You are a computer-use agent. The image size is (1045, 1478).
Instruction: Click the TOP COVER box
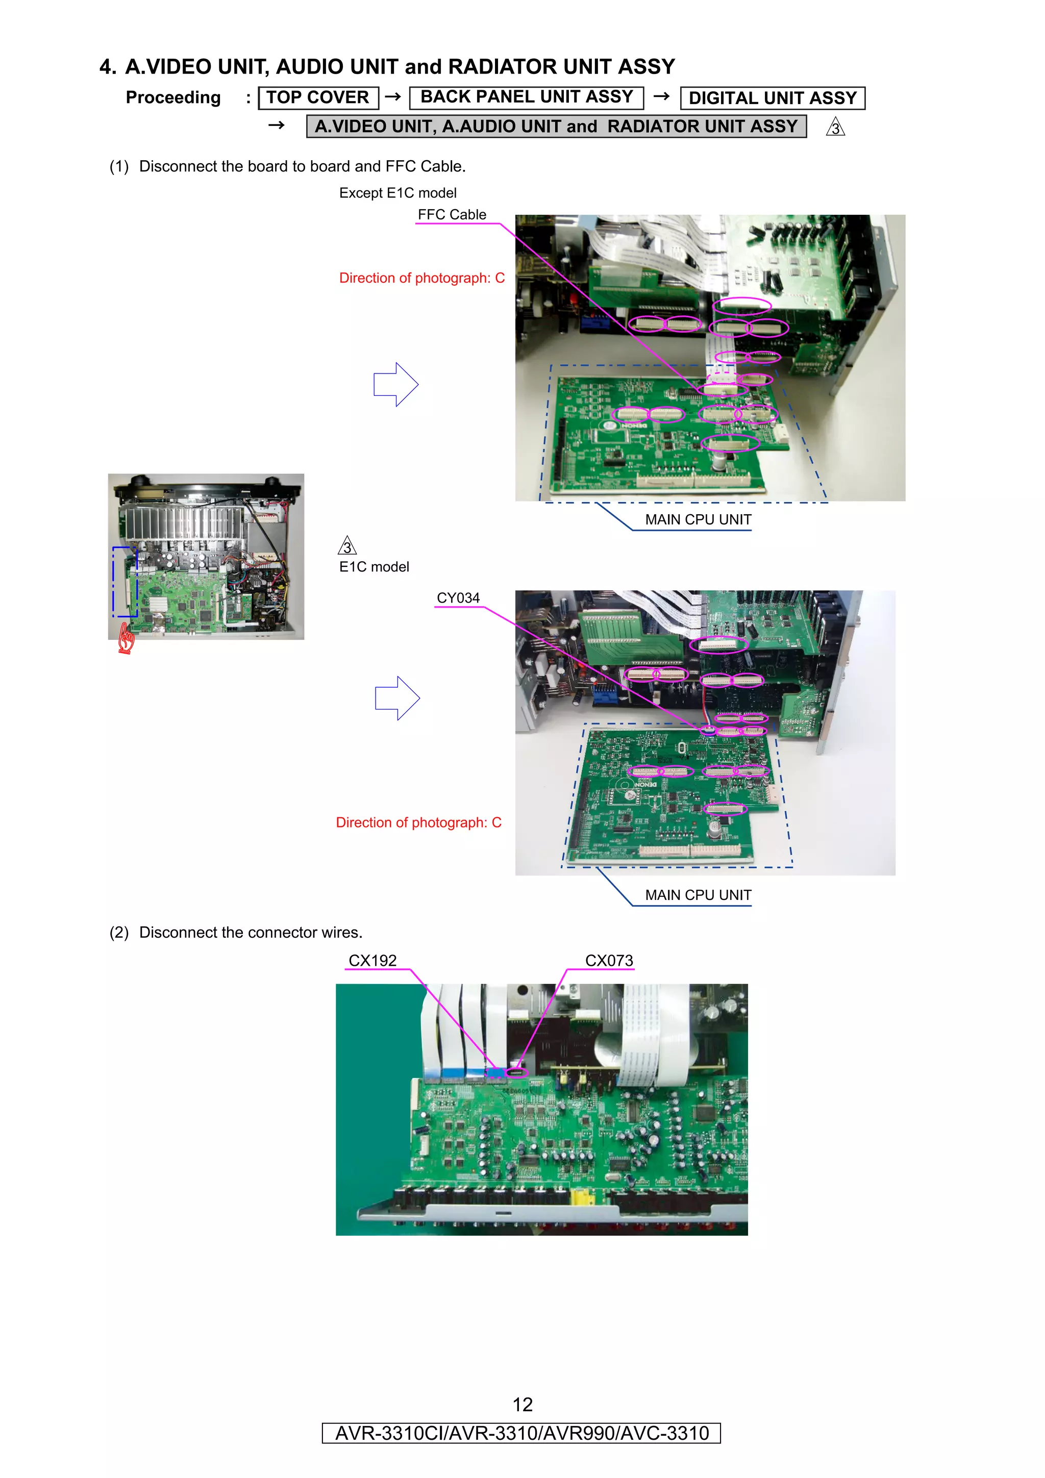[x=318, y=98]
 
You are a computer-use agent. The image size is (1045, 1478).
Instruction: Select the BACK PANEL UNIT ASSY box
[x=526, y=97]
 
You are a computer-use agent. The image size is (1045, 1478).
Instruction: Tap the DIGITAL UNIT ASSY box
[x=772, y=98]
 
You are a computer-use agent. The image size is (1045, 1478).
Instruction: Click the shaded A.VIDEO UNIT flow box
[x=556, y=126]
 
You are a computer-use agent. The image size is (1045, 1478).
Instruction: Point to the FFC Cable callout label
[x=452, y=215]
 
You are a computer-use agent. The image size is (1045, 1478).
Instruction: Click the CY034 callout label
[x=458, y=598]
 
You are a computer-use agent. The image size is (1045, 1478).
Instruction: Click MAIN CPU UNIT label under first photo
[x=698, y=519]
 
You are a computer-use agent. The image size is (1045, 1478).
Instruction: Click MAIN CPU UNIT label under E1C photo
[x=698, y=895]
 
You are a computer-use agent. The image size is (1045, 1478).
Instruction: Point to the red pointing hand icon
[x=126, y=640]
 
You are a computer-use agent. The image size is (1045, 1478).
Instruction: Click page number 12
[x=522, y=1404]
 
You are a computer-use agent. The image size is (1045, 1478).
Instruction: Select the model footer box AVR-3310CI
[x=521, y=1433]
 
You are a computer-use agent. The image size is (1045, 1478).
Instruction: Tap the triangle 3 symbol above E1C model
[x=347, y=546]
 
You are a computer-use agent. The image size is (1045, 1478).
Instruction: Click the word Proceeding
[x=173, y=98]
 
